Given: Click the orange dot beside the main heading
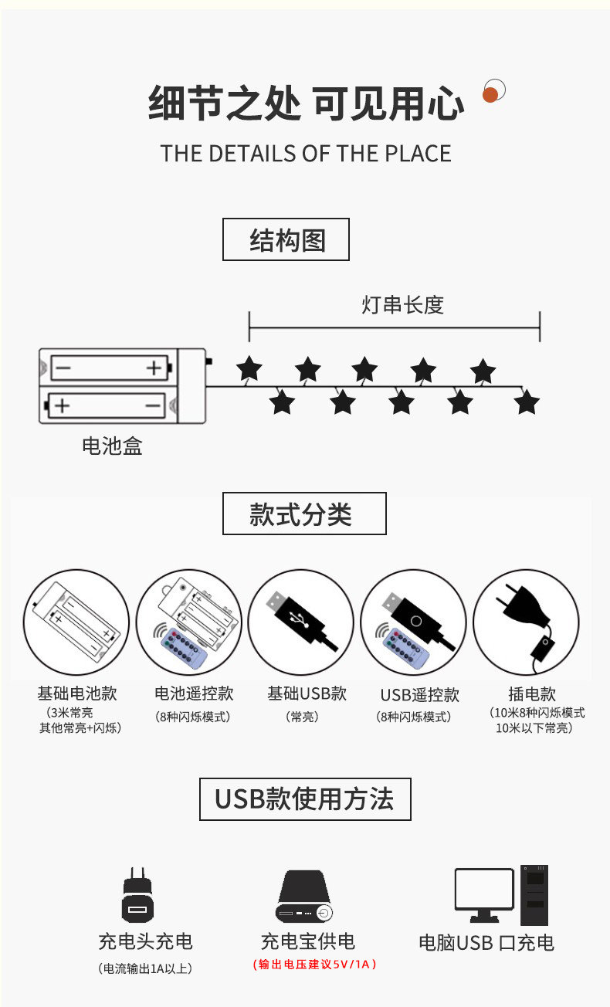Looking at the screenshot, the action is [490, 95].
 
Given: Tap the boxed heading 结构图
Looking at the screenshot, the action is [286, 240].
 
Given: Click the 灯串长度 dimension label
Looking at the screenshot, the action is [402, 304].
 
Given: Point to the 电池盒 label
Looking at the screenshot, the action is [112, 446].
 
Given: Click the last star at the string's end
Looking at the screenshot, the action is [527, 402].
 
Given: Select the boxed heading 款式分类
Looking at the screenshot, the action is [304, 514].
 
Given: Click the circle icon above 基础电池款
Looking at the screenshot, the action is [76, 622].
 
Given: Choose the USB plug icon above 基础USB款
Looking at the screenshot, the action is [300, 622].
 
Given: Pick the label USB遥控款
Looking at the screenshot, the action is [419, 695].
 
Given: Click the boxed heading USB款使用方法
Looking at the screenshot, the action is [305, 799].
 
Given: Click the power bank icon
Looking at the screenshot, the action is [305, 897].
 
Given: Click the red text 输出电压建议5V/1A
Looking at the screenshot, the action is [315, 964].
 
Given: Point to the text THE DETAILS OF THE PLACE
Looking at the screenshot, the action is [305, 153].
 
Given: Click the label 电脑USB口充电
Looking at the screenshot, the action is [486, 942].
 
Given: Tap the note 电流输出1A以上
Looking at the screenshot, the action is [145, 968].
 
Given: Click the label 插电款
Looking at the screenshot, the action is [532, 694].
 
